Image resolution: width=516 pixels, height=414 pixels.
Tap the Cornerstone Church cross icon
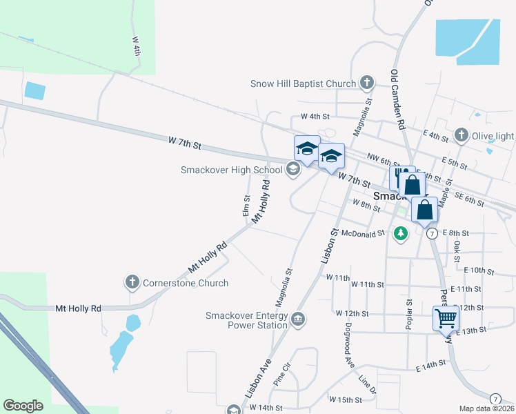pos(132,282)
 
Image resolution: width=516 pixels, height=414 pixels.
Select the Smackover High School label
pos(232,170)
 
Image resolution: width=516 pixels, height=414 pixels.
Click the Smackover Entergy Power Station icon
pos(298,319)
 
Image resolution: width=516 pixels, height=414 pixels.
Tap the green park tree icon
pos(400,234)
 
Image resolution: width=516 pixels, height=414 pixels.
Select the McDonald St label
pos(362,235)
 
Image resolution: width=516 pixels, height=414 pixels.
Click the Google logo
pos(23,406)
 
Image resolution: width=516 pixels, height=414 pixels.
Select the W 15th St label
pos(346,400)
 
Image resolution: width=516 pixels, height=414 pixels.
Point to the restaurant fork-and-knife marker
pos(399,177)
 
